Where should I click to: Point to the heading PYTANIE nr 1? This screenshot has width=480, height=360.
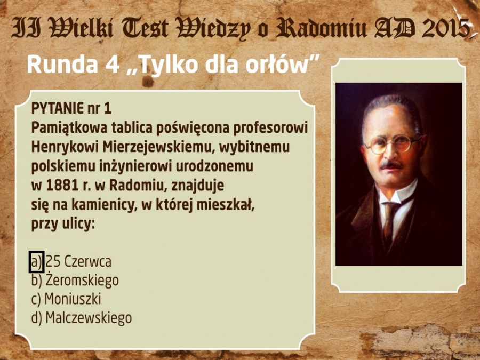tap(71, 108)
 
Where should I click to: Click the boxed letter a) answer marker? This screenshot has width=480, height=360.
tap(36, 262)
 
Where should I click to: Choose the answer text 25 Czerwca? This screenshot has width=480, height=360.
tap(79, 262)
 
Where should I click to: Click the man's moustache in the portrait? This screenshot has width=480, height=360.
tap(391, 165)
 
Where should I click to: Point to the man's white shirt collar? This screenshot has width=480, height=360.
tap(396, 191)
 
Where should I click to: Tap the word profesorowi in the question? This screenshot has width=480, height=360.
tap(270, 128)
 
